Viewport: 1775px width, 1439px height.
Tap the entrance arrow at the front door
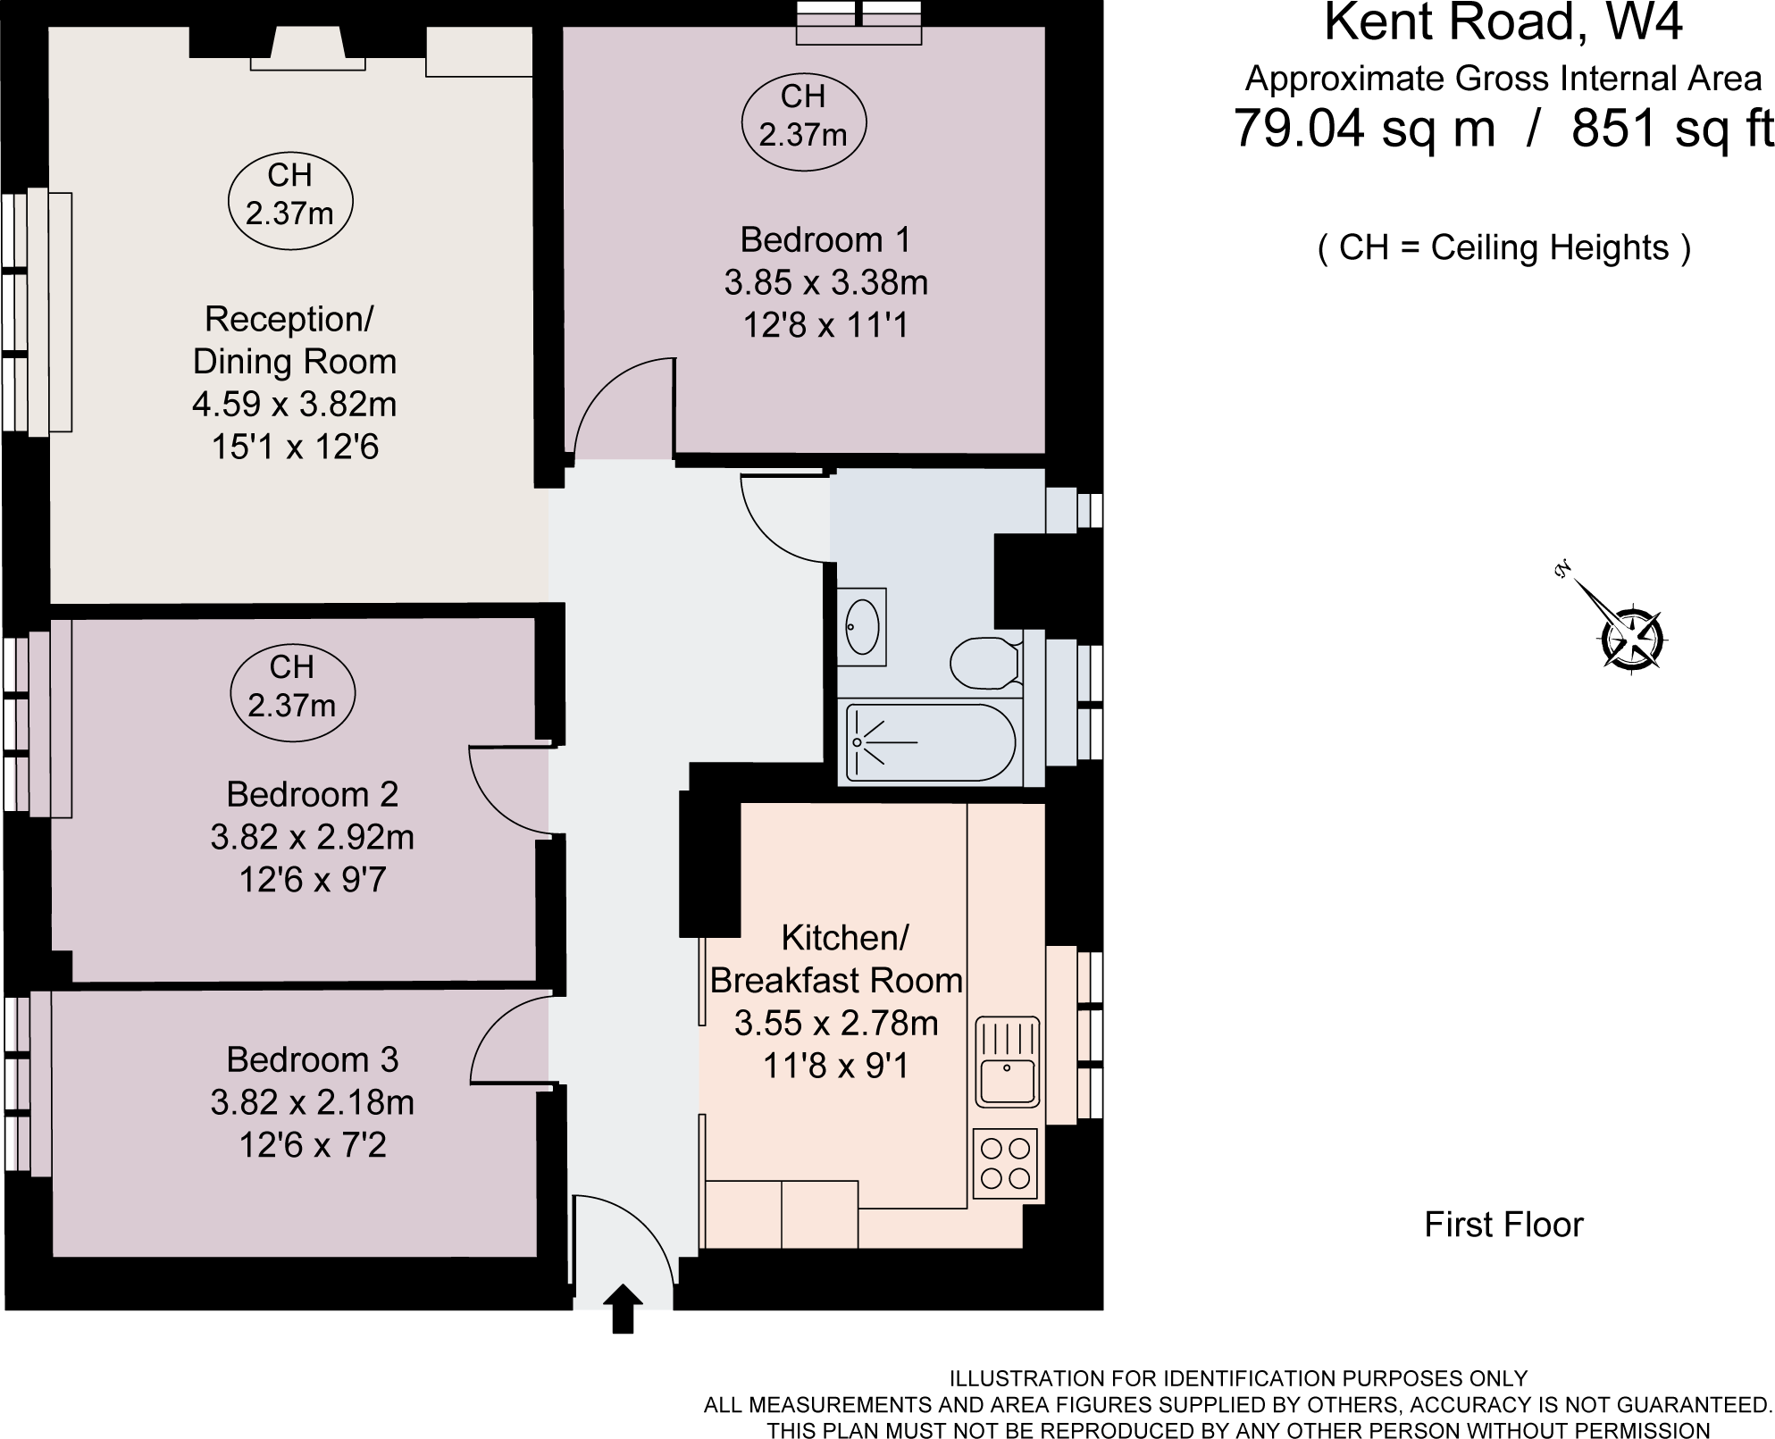pos(623,1309)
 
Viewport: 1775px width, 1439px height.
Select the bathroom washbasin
pos(862,626)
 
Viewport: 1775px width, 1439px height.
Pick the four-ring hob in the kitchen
pos(1005,1164)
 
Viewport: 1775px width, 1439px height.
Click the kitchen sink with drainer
pos(1007,1061)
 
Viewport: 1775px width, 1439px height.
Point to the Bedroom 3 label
pos(312,1059)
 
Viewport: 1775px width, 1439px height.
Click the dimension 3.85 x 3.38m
pos(825,283)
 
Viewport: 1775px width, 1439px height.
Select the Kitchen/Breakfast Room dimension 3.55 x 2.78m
pos(836,1024)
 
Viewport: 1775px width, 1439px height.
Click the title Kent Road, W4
pos(1503,24)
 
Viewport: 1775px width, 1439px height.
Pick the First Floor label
pos(1503,1224)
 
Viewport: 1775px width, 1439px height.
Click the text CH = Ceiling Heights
pos(1503,247)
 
